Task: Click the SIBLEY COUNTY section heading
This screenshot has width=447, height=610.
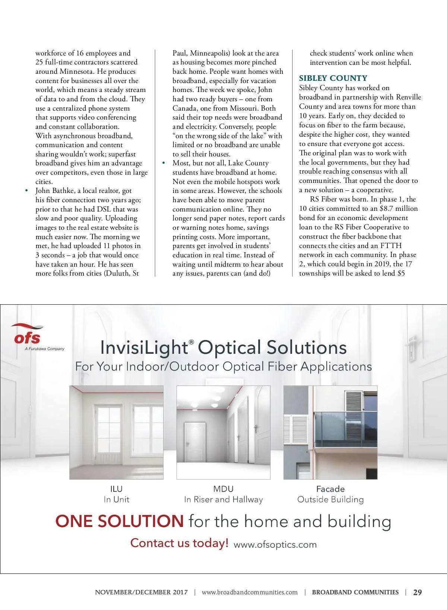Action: (x=333, y=78)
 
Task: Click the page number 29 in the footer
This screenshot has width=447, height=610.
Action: (x=418, y=592)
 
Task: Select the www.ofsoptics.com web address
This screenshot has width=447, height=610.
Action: (x=275, y=544)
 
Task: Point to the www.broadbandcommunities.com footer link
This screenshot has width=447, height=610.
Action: (x=250, y=592)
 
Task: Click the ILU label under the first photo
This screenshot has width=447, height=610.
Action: (x=116, y=489)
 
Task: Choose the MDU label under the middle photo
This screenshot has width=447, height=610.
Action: (x=223, y=489)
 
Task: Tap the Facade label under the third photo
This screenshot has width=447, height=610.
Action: (x=330, y=489)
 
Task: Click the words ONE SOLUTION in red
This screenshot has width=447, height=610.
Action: (x=119, y=521)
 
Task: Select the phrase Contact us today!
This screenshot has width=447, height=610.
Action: (x=179, y=543)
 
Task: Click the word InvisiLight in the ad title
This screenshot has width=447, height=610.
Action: (x=144, y=347)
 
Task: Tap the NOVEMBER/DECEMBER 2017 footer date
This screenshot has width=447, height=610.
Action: (x=141, y=592)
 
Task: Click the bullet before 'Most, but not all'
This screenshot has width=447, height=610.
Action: (x=163, y=163)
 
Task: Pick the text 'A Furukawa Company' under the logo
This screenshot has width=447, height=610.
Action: (x=45, y=349)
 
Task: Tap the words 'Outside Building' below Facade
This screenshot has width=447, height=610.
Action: (x=330, y=500)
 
